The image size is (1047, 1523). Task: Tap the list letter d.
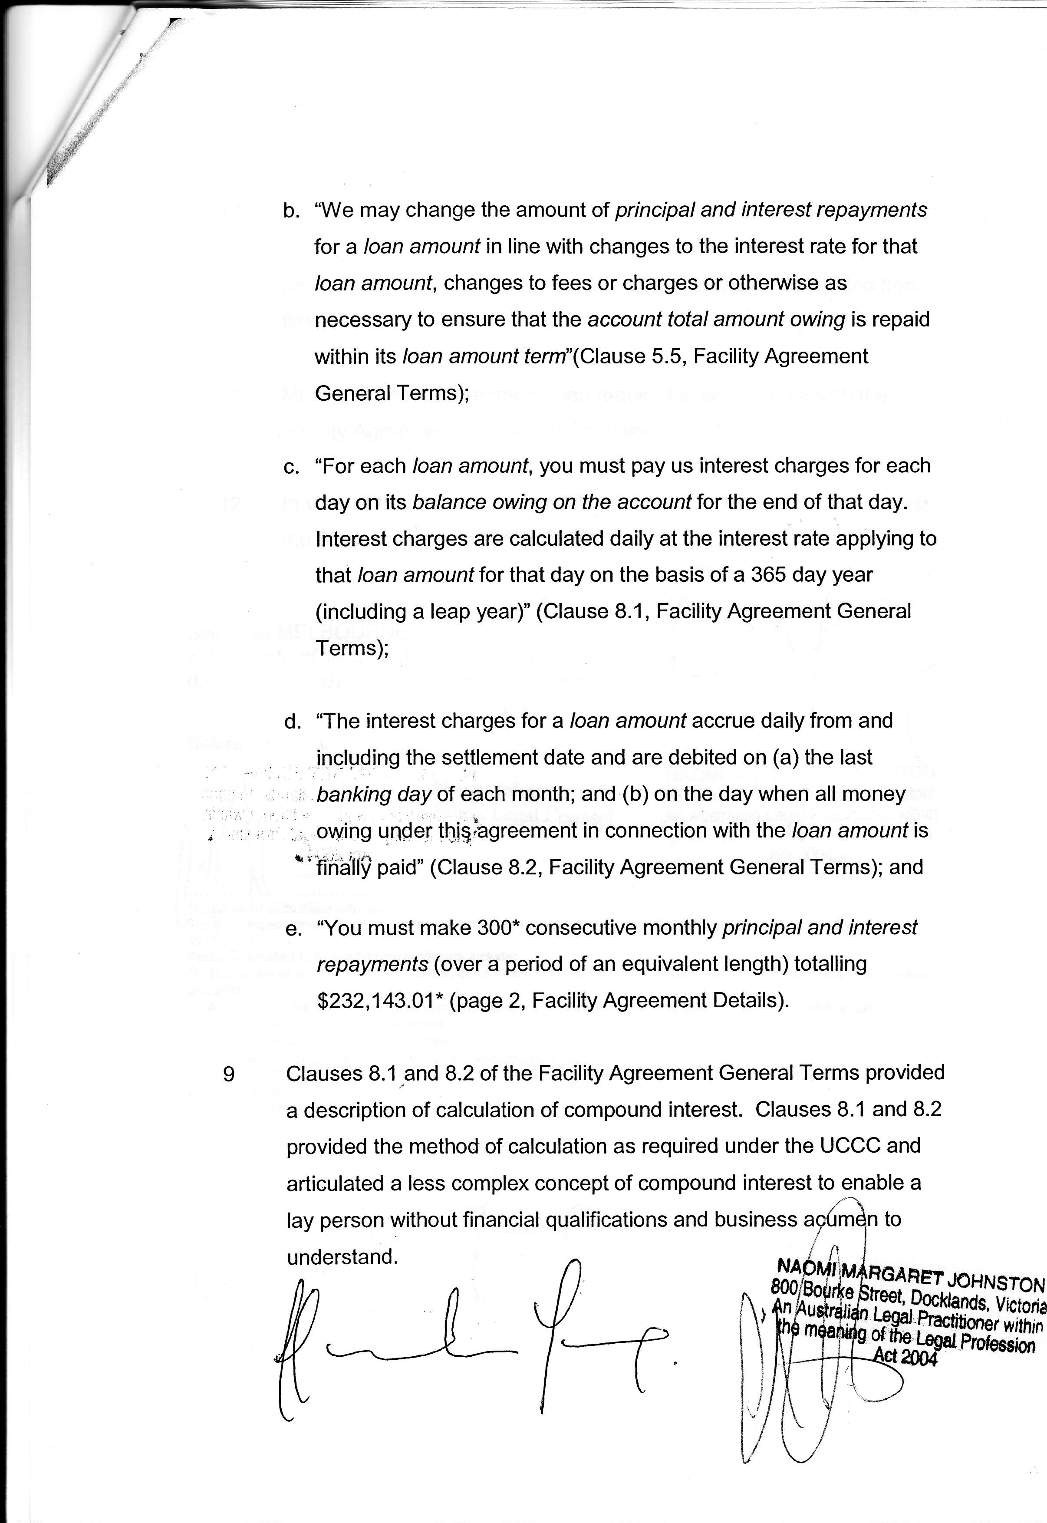click(291, 722)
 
